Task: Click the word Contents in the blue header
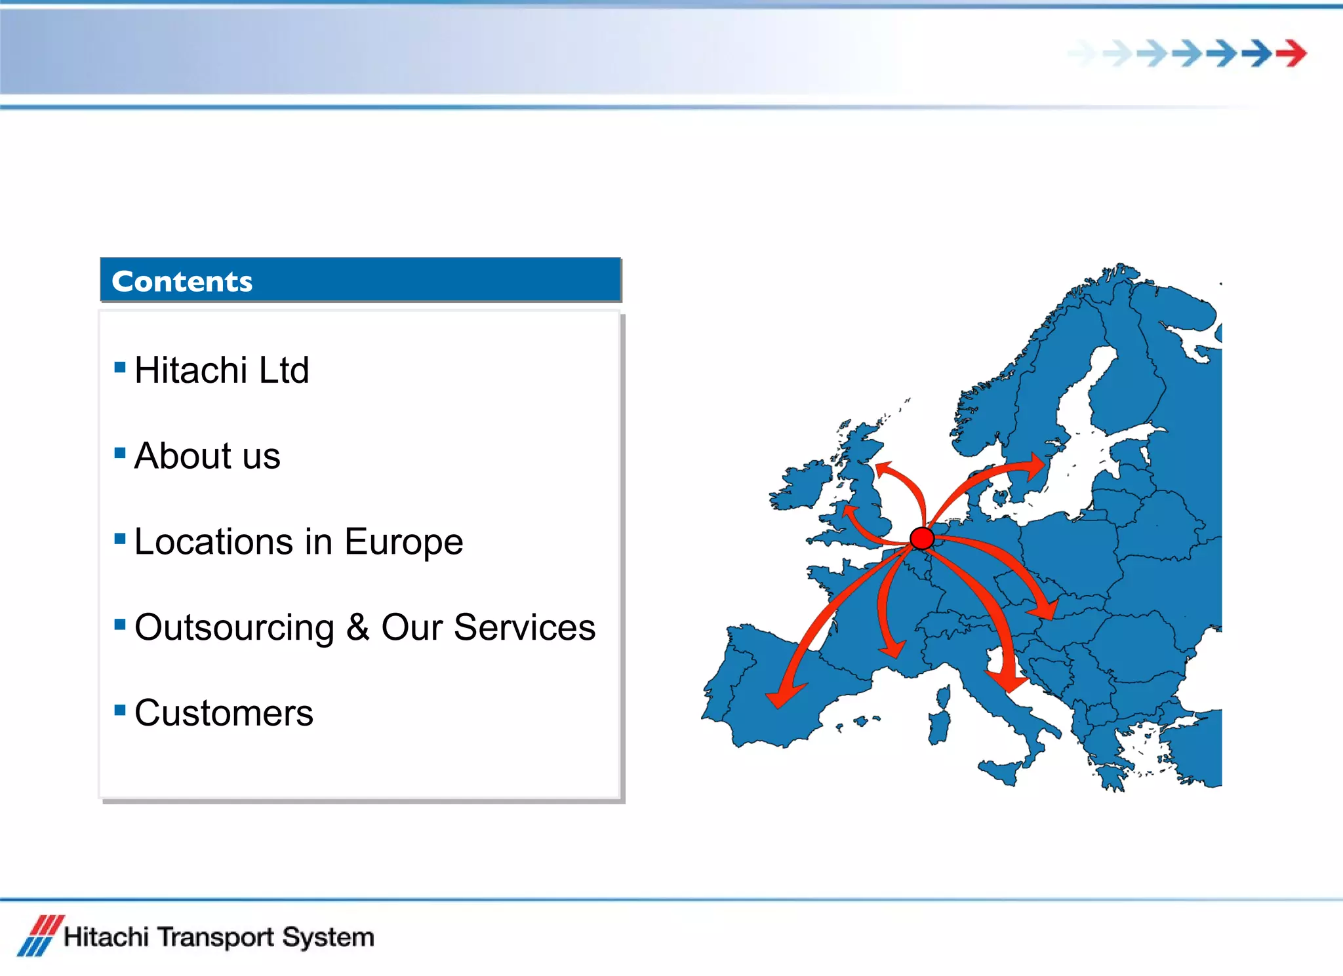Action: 182,281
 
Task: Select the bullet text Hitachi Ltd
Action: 221,370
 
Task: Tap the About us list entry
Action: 207,456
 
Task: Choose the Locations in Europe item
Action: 298,541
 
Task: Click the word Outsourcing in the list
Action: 234,627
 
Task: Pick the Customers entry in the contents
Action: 224,713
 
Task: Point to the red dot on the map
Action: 922,538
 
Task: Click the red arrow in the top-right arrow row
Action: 1292,53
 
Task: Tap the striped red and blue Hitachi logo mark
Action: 40,936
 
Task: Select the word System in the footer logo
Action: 328,937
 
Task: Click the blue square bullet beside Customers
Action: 120,710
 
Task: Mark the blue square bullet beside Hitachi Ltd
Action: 120,367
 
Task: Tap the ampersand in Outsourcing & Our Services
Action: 357,627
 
